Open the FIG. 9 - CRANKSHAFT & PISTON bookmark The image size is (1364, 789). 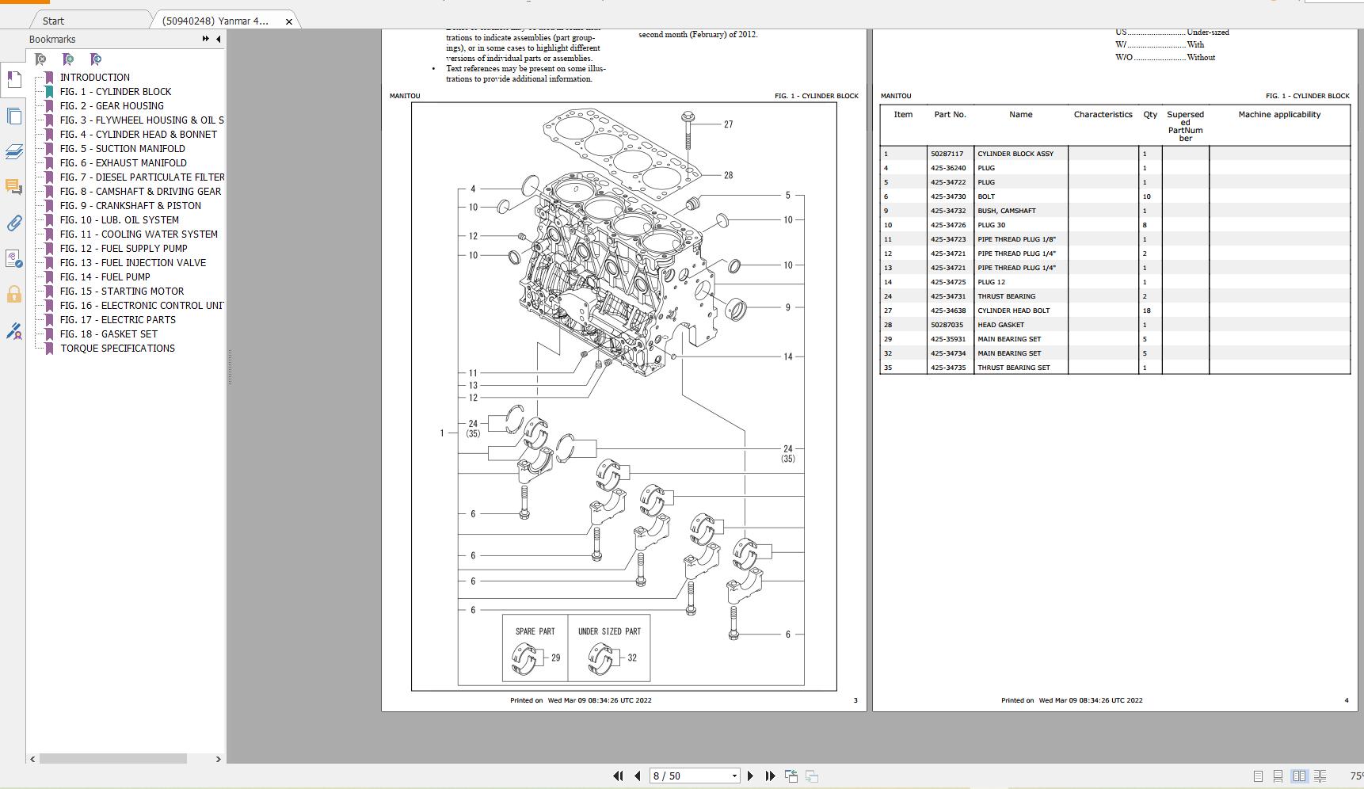[x=130, y=206]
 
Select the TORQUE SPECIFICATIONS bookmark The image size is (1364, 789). [x=117, y=349]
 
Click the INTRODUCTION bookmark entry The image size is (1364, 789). [x=94, y=78]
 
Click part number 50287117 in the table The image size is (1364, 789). [x=947, y=154]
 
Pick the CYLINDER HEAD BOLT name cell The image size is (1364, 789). [x=1013, y=311]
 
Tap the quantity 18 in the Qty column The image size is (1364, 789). [x=1146, y=311]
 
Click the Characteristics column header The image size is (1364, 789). [x=1103, y=115]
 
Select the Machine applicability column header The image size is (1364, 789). [x=1278, y=115]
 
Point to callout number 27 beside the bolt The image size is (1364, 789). [x=728, y=124]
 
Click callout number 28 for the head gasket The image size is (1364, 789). [x=728, y=176]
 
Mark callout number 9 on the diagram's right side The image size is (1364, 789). [x=787, y=307]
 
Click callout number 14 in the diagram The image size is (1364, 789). [x=787, y=357]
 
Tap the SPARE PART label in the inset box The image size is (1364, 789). [x=535, y=631]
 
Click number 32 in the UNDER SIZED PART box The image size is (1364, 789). [x=631, y=657]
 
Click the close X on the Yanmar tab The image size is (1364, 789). [x=288, y=21]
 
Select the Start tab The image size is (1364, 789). [x=53, y=21]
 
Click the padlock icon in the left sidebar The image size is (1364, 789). [x=13, y=295]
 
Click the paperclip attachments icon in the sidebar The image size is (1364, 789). [x=13, y=223]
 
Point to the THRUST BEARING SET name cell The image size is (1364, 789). [x=1013, y=368]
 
